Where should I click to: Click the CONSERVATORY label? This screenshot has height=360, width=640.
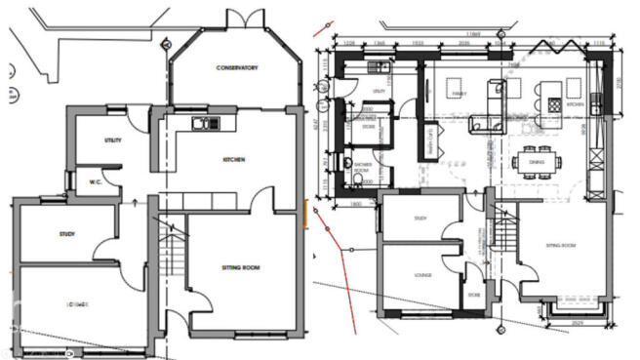pyautogui.click(x=237, y=67)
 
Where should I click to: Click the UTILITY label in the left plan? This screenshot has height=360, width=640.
pyautogui.click(x=113, y=140)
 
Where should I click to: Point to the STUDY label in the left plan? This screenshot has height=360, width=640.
pyautogui.click(x=66, y=234)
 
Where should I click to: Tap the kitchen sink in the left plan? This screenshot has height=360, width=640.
pyautogui.click(x=207, y=123)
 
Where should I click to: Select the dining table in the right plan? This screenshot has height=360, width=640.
pyautogui.click(x=538, y=163)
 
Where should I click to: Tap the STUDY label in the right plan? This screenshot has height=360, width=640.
pyautogui.click(x=420, y=219)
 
